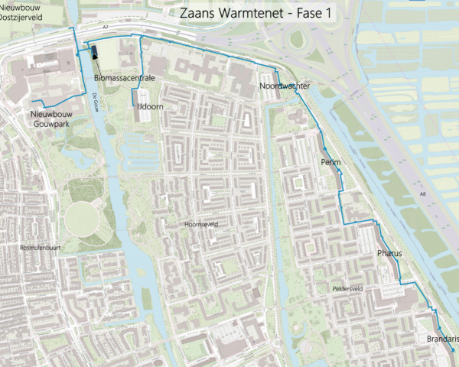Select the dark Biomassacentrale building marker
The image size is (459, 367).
94,52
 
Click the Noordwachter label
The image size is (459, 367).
284,86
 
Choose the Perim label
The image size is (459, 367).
330,164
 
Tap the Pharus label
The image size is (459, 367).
389,252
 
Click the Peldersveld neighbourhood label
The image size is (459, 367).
347,289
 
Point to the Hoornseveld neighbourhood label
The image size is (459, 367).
202,225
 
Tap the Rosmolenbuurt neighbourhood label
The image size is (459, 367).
39,248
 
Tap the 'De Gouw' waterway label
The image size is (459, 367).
95,100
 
